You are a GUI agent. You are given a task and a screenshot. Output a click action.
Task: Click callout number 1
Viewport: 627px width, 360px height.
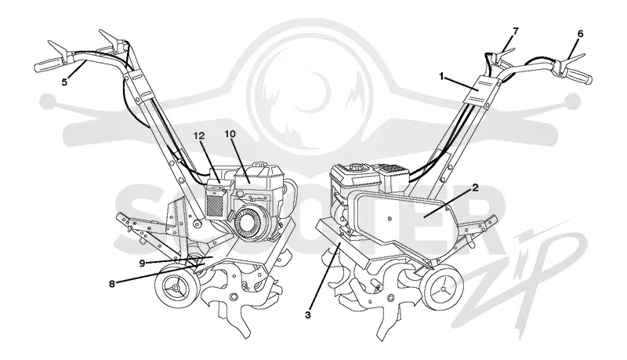click(x=442, y=75)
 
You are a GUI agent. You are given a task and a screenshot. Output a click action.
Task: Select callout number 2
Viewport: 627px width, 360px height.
click(x=475, y=187)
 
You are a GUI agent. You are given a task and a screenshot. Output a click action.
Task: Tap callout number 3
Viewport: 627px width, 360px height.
click(x=307, y=315)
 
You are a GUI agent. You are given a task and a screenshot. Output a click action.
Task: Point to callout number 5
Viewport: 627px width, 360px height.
click(x=64, y=82)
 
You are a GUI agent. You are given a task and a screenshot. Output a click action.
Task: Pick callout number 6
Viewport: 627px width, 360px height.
click(x=580, y=34)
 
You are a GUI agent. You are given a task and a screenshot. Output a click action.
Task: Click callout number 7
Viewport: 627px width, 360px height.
click(x=516, y=31)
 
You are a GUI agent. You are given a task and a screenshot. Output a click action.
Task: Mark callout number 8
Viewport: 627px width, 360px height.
click(x=112, y=284)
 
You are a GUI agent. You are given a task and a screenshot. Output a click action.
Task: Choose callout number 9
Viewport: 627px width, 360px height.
click(x=142, y=263)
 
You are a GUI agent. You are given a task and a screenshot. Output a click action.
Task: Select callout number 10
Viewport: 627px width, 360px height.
click(x=230, y=134)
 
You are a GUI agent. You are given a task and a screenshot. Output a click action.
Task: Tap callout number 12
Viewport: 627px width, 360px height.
click(x=199, y=136)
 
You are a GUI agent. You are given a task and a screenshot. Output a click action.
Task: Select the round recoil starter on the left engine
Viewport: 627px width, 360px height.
click(x=249, y=225)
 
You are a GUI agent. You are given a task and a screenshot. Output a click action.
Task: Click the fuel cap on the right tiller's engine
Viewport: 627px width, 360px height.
click(x=357, y=166)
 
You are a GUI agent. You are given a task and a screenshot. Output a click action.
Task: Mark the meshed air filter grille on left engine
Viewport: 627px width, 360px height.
click(x=216, y=205)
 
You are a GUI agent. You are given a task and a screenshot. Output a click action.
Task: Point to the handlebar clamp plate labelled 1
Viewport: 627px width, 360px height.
click(x=482, y=90)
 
